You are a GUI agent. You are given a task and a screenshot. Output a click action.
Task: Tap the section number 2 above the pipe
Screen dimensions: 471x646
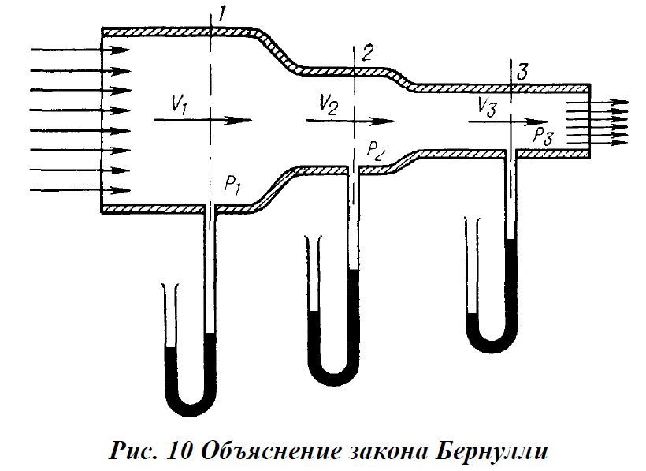368,54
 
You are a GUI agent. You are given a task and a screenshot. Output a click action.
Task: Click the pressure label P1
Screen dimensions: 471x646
231,185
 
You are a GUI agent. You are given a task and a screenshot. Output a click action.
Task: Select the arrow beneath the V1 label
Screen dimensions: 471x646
203,121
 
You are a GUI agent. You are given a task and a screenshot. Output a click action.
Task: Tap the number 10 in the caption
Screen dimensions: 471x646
180,453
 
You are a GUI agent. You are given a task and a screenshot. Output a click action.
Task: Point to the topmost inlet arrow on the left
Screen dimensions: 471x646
79,50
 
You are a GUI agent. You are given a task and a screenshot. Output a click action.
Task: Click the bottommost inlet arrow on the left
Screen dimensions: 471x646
79,190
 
